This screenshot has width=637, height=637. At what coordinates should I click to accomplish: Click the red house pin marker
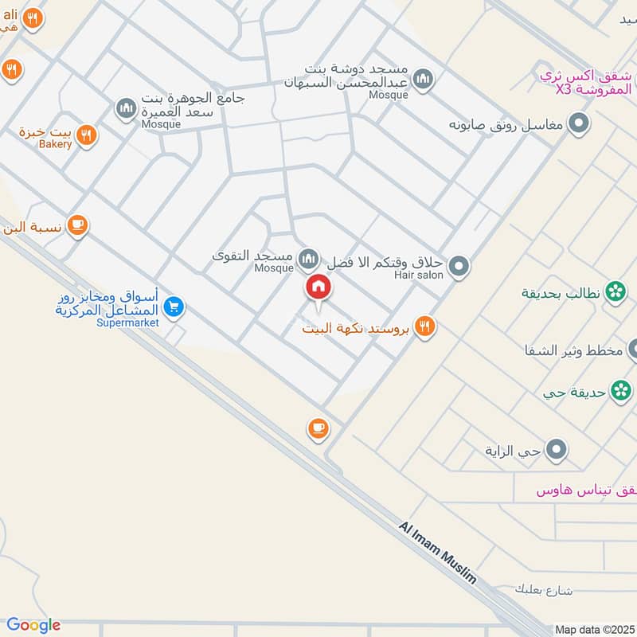pyautogui.click(x=318, y=287)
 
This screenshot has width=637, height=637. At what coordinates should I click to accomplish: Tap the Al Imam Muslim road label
pyautogui.click(x=437, y=553)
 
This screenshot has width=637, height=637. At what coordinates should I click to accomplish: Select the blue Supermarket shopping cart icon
pyautogui.click(x=174, y=307)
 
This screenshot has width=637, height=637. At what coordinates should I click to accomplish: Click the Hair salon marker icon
pyautogui.click(x=459, y=267)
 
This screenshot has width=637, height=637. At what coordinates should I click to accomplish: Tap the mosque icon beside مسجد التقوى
pyautogui.click(x=308, y=259)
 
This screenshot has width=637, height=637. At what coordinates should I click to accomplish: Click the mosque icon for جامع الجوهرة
pyautogui.click(x=127, y=108)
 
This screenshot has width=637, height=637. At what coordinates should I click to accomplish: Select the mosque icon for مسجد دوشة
pyautogui.click(x=424, y=78)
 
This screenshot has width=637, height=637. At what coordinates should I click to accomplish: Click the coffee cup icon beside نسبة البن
pyautogui.click(x=77, y=225)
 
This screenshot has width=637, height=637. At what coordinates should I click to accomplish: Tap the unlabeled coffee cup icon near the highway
pyautogui.click(x=318, y=429)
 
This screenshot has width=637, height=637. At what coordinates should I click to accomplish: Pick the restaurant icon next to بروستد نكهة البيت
pyautogui.click(x=424, y=326)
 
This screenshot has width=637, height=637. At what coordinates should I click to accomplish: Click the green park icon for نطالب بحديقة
pyautogui.click(x=616, y=292)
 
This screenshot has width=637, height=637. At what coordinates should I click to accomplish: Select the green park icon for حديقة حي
pyautogui.click(x=619, y=391)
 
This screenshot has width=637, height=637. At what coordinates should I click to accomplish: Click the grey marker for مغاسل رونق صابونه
pyautogui.click(x=580, y=124)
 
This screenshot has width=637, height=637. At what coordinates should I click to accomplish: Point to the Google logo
pyautogui.click(x=33, y=625)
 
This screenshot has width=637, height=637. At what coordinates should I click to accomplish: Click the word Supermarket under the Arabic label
pyautogui.click(x=128, y=322)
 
